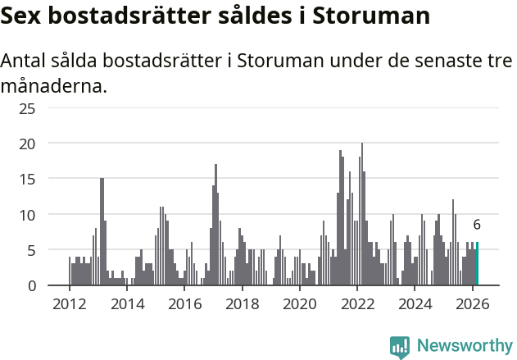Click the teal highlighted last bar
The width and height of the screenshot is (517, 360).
[478, 264]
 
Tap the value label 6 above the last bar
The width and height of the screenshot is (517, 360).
[477, 225]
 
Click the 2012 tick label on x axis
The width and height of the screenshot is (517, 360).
[69, 303]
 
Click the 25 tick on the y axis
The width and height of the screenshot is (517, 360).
[27, 108]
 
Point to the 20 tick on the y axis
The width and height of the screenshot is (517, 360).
[27, 144]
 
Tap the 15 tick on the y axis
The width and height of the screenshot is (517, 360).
[27, 179]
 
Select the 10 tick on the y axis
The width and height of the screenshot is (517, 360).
[27, 215]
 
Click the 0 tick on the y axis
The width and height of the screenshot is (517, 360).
[31, 285]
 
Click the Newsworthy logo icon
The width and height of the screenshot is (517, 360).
[400, 347]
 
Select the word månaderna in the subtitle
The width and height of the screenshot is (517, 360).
[54, 85]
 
